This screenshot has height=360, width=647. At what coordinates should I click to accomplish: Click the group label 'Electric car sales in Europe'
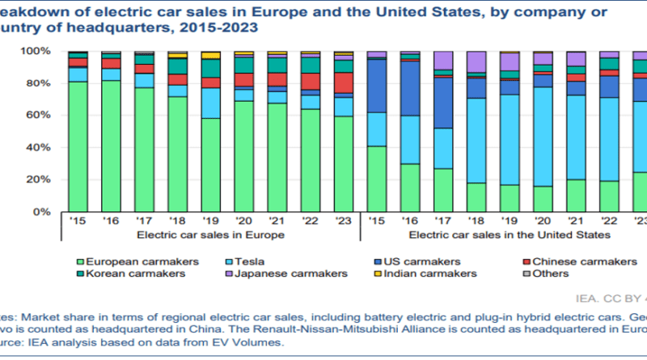coord(210,234)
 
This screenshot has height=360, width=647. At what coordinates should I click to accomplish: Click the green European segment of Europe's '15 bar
coord(78,146)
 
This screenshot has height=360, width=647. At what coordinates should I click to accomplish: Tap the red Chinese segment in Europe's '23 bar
coord(345,83)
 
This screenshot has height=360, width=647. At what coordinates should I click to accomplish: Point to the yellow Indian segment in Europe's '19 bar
coord(212,55)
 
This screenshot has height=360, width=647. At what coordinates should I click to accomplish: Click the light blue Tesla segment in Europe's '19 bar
coord(212,103)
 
